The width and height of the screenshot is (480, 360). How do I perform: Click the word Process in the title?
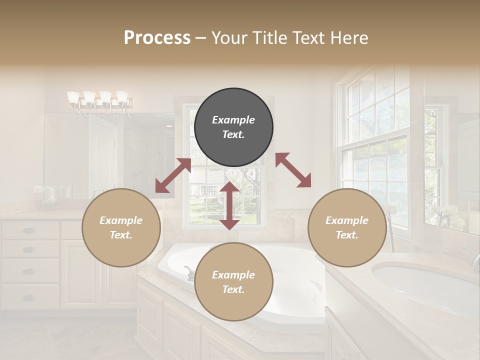157,38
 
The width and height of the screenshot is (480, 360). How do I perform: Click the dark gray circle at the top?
233,127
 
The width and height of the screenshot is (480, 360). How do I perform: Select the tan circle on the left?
121,227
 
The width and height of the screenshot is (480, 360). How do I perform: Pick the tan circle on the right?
347,227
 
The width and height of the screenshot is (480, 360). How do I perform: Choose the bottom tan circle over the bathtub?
233,282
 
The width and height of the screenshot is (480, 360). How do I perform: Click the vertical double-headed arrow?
229,205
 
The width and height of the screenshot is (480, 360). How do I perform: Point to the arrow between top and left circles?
173,175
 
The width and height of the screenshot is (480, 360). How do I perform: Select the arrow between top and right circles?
293,170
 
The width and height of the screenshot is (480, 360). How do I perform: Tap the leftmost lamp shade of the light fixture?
73,96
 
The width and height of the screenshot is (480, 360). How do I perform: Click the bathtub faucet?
189,273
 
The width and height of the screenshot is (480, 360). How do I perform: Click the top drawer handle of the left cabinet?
29,230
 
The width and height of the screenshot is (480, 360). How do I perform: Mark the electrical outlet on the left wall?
38,189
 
